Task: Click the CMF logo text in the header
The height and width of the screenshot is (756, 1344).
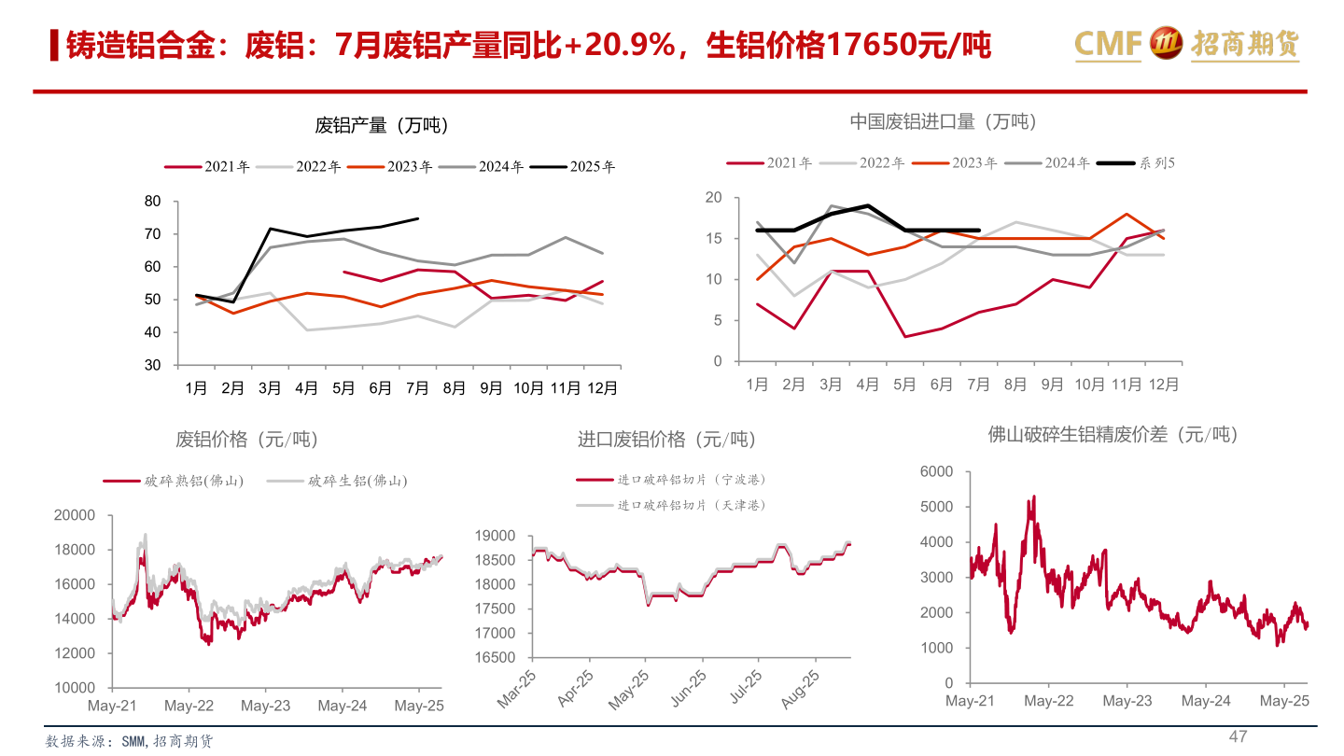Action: pyautogui.click(x=1108, y=43)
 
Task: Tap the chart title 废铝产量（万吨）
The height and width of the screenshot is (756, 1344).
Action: pyautogui.click(x=382, y=125)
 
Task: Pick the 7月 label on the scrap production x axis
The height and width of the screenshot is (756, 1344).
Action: pyautogui.click(x=416, y=388)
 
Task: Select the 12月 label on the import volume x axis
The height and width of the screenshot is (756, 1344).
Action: pyautogui.click(x=1163, y=385)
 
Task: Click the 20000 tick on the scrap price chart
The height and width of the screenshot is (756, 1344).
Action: pyautogui.click(x=75, y=515)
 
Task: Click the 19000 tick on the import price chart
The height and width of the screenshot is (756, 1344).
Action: pyautogui.click(x=495, y=536)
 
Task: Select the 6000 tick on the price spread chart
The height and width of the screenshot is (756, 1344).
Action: pyautogui.click(x=936, y=472)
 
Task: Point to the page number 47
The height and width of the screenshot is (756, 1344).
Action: pyautogui.click(x=1238, y=737)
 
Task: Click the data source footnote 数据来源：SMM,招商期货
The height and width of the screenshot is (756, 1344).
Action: pyautogui.click(x=130, y=742)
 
